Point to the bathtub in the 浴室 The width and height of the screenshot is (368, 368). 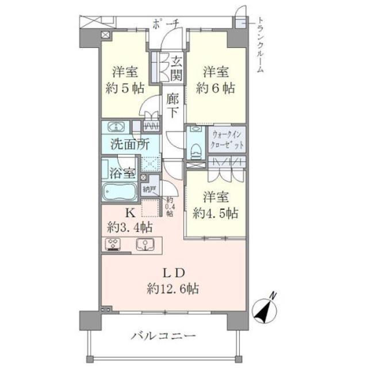118,191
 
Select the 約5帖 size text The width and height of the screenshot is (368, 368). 124,89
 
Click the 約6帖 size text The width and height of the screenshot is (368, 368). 216,89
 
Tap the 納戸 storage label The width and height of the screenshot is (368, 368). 149,187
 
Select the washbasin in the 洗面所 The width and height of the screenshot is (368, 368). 115,128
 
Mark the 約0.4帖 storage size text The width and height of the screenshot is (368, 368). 169,206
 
